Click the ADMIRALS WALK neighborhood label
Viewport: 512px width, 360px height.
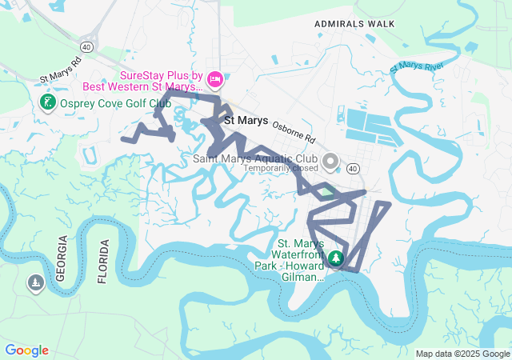(354, 24)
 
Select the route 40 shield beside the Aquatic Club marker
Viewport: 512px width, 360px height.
(353, 168)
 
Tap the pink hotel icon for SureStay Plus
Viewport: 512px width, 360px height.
(214, 79)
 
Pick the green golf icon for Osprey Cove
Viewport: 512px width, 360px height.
(47, 102)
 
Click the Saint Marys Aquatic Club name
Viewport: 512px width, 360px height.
(255, 158)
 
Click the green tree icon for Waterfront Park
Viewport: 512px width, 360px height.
(336, 258)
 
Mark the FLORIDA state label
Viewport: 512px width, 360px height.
(102, 262)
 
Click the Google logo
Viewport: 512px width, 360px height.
(26, 350)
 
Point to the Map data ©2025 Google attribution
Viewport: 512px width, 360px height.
(462, 354)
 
